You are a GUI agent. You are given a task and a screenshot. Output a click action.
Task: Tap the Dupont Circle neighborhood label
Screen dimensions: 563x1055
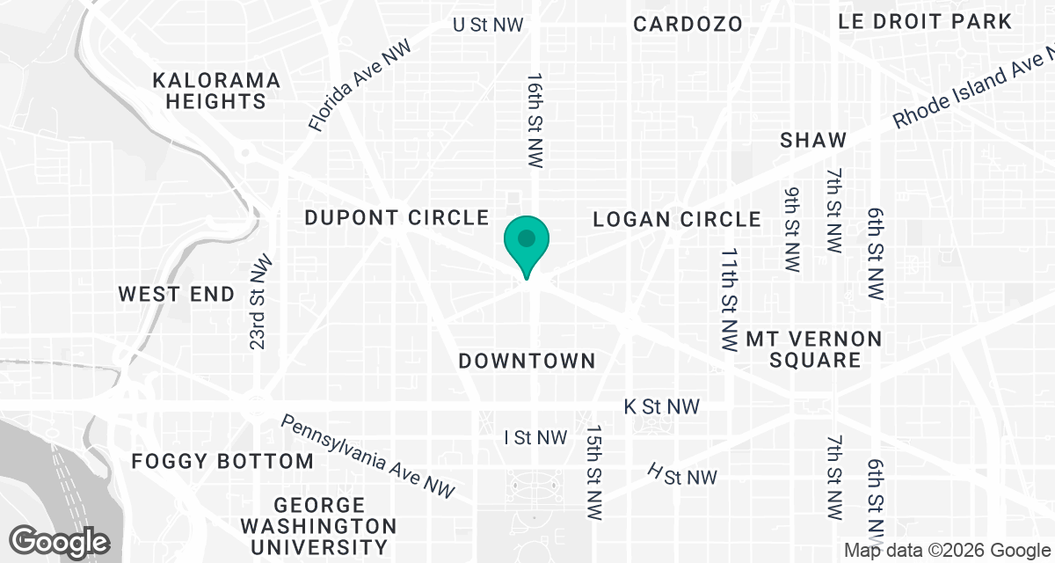tap(396, 217)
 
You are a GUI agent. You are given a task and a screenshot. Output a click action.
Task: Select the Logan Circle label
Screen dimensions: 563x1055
tap(676, 219)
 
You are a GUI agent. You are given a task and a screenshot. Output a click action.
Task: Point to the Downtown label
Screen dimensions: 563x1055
tap(527, 361)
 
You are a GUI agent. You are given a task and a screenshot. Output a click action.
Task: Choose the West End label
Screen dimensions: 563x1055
tap(177, 294)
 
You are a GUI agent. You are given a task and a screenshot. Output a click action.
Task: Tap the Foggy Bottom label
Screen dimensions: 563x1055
tap(222, 461)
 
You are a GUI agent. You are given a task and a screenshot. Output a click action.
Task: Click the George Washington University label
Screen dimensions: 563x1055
tap(319, 526)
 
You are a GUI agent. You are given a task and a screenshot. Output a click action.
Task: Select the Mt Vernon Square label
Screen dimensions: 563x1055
tap(801, 349)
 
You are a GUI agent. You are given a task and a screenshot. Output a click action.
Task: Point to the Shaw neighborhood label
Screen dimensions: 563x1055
tap(813, 140)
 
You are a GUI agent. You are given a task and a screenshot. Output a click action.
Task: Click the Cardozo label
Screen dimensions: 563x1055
tap(688, 24)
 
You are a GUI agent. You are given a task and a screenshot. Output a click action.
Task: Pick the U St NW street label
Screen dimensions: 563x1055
tap(488, 25)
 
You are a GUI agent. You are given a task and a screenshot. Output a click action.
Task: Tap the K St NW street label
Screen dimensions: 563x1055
tap(661, 406)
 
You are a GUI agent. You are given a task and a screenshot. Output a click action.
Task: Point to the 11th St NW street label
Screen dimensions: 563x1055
tap(728, 300)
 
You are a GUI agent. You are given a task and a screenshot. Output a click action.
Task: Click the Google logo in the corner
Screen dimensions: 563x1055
tap(60, 540)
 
